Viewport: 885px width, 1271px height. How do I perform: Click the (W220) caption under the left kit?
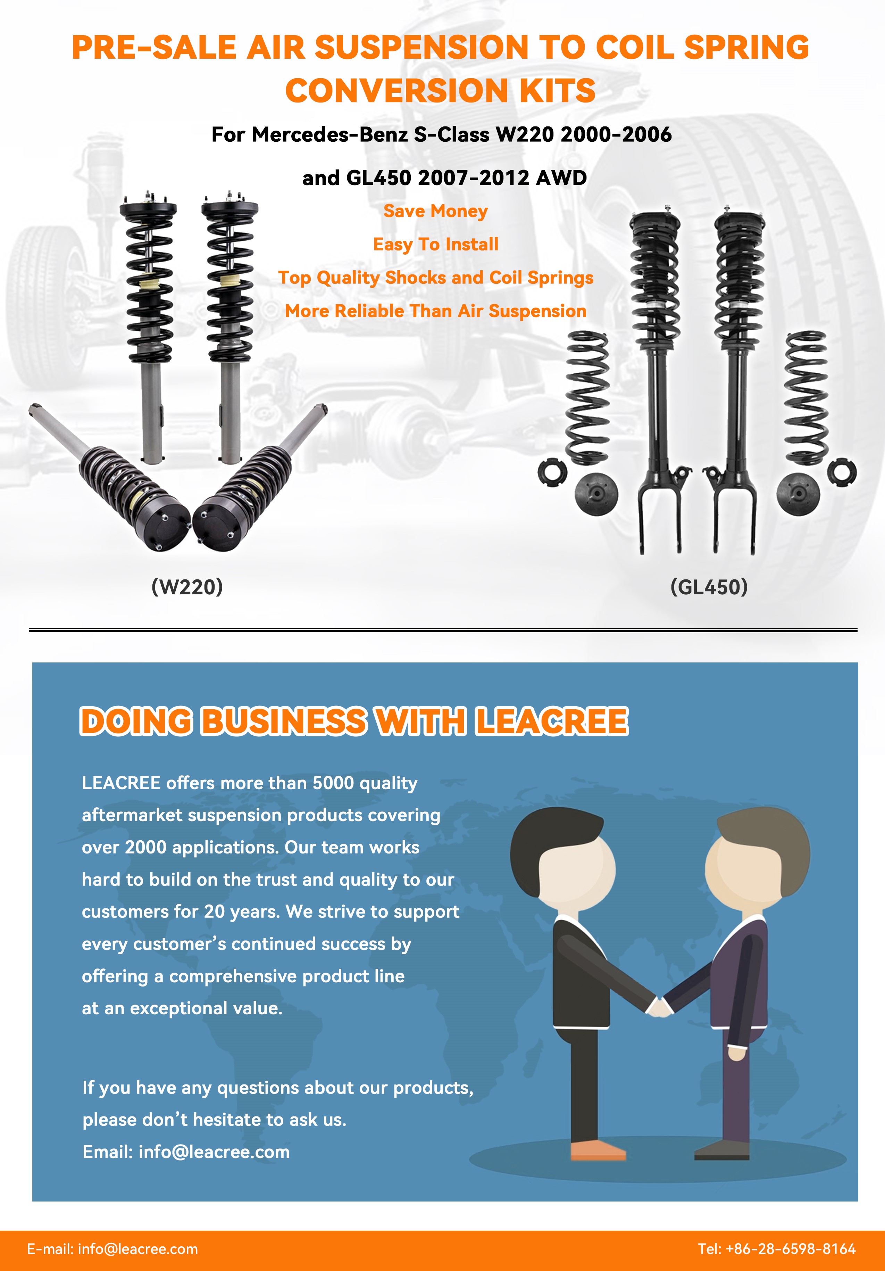point(187,587)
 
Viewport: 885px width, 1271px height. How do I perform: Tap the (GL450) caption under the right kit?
point(709,587)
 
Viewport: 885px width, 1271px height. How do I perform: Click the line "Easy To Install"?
point(436,245)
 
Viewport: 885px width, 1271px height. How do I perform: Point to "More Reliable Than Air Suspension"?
point(436,311)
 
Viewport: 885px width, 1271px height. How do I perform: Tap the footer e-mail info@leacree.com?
point(138,1249)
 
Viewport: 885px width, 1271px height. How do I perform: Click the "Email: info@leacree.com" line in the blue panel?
point(186,1152)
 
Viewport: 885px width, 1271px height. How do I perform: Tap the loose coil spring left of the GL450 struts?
point(587,397)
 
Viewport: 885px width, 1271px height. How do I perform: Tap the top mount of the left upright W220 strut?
point(148,209)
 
